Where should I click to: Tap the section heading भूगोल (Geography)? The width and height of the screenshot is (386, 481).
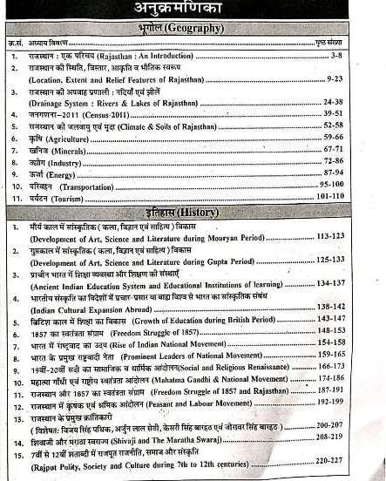pyautogui.click(x=191, y=29)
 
